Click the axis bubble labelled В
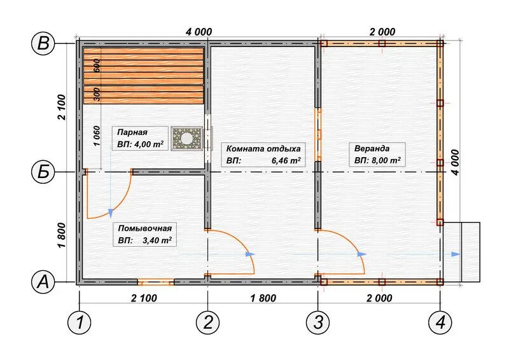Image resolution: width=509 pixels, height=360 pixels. pos(43,43)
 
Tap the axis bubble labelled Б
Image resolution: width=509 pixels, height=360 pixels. pos(43,172)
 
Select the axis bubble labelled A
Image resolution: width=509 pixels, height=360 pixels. pos(43,282)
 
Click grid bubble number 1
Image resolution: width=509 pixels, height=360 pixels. pos(79,322)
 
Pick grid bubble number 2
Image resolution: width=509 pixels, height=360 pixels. pos(208,322)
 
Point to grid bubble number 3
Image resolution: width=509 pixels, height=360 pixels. pos(317,322)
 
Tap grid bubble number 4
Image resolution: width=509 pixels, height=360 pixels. pos(440,322)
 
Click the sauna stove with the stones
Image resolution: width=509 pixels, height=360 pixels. pos(186,139)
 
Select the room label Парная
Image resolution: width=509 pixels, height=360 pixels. pos(132,132)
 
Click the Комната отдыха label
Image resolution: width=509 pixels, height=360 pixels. pos(263,149)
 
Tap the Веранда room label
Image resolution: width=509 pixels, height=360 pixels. pos(372,149)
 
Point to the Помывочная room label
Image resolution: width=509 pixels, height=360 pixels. pos(145,228)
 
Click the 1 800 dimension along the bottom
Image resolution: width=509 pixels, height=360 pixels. pos(263,298)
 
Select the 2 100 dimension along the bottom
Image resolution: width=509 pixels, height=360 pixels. pos(144,298)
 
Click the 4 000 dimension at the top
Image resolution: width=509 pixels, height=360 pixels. pos(199,32)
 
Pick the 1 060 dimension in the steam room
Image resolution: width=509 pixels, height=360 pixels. pos(97,135)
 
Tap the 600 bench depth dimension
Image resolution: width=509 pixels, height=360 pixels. pos(97,66)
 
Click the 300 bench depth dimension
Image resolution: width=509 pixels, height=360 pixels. pos(97,94)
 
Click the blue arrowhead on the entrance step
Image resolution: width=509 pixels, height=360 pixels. pos(456,254)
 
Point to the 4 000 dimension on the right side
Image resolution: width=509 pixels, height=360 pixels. pos(456,162)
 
